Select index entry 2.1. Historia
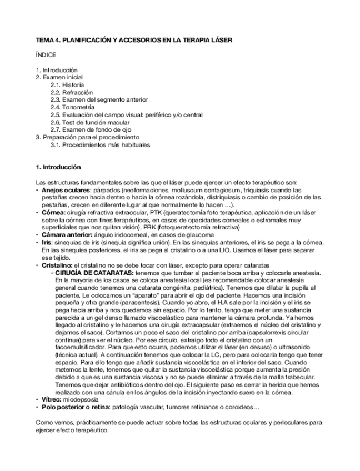pyautogui.click(x=67, y=85)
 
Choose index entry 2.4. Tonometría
pyautogui.click(x=72, y=107)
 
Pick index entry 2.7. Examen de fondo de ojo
pyautogui.click(x=91, y=129)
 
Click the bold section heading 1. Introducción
pyautogui.click(x=58, y=167)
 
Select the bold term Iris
pyautogui.click(x=46, y=242)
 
